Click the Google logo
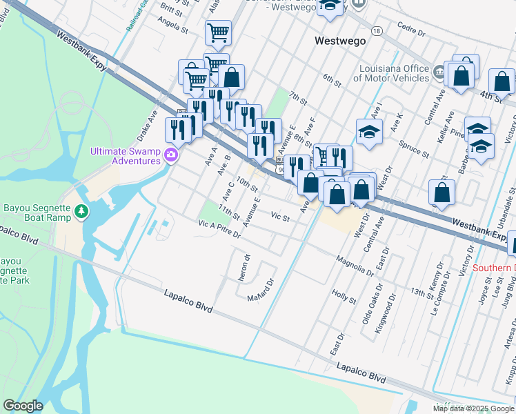point(23,406)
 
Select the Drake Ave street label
point(148,123)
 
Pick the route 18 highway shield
point(376,31)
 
